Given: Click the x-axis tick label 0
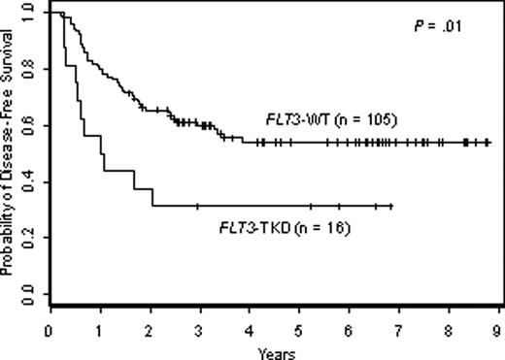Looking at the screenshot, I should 50,329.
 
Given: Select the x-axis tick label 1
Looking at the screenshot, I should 99,329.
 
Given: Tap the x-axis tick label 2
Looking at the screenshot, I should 150,329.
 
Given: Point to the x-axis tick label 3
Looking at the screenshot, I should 199,329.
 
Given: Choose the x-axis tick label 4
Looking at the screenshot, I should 250,329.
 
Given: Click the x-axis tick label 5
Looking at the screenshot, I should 299,329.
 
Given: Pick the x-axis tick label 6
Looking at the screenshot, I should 349,329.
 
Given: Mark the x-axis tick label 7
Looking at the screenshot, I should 399,329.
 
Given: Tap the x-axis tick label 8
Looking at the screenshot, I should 449,329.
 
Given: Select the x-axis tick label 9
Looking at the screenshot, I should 498,329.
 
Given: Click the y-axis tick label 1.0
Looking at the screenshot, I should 26,14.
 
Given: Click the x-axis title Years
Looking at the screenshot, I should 271,350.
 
